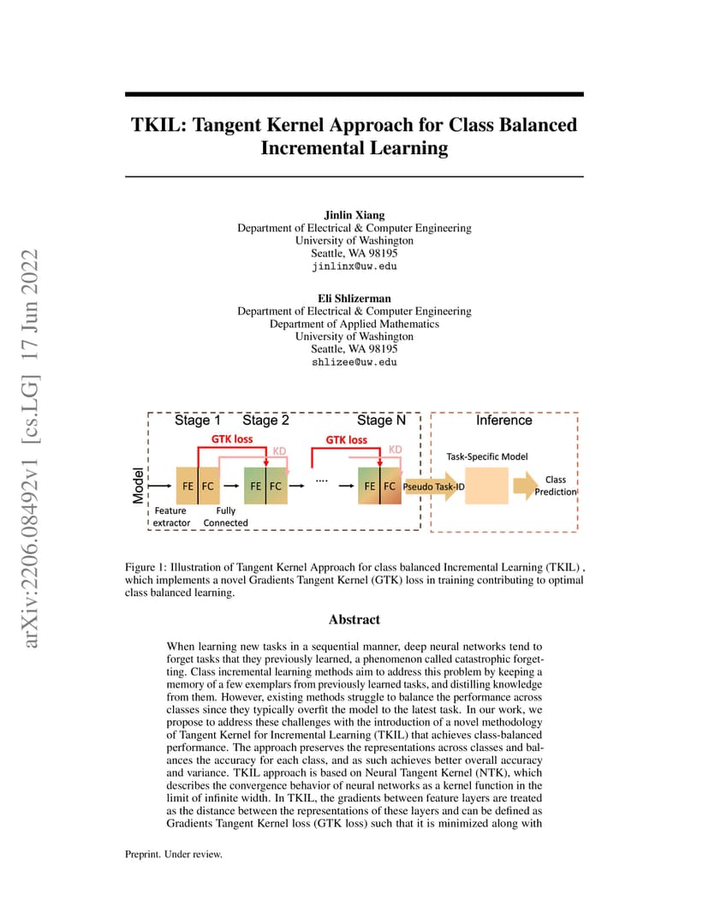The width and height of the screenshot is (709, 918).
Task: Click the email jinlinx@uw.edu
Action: pos(354,266)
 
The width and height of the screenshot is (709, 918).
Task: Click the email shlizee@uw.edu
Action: pos(354,362)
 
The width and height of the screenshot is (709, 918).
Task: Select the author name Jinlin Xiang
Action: pos(354,215)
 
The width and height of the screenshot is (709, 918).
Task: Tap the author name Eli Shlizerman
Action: pos(354,299)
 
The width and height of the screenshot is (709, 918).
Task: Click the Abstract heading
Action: pos(354,619)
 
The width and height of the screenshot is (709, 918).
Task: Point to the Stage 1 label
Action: pos(197,420)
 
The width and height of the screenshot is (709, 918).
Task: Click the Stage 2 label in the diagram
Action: pos(265,420)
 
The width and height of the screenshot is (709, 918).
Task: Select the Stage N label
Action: pos(381,420)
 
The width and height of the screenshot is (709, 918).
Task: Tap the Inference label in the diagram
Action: pos(504,420)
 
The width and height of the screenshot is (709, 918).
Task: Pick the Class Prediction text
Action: pos(556,486)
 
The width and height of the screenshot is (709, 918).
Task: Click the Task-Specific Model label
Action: pos(487,456)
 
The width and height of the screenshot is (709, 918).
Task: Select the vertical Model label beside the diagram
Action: pos(138,486)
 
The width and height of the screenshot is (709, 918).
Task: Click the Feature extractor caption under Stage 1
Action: pos(171,517)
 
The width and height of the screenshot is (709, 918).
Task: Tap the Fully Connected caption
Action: pos(225,517)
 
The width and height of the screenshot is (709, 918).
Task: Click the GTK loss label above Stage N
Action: pos(347,439)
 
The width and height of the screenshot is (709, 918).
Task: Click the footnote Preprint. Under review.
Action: pos(173,854)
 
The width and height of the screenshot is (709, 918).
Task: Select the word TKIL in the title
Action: pos(158,125)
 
